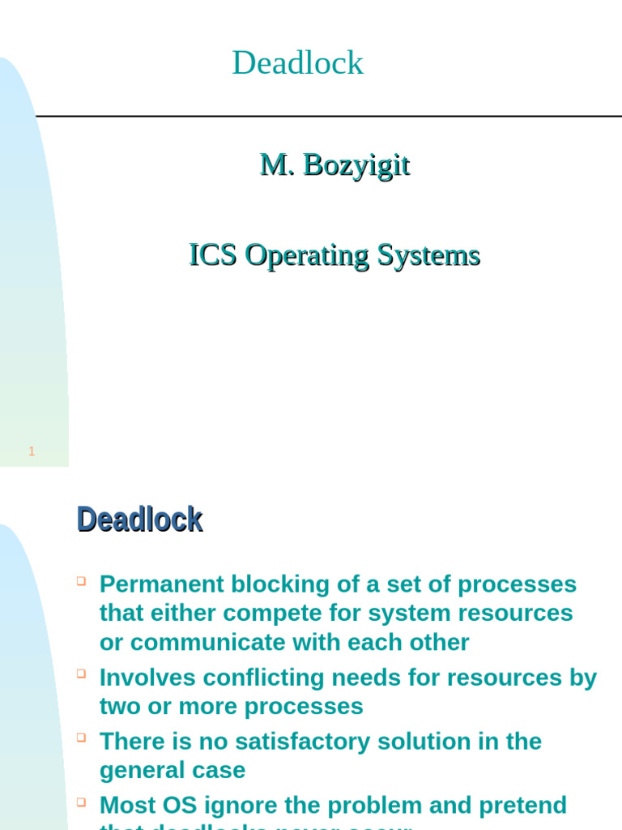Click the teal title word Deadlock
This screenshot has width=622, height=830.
297,63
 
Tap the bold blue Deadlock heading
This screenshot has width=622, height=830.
139,520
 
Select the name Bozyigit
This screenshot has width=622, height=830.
356,165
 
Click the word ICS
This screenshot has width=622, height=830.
213,255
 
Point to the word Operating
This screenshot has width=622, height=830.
308,255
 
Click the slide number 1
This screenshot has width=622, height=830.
32,451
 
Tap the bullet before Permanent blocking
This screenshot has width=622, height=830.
81,580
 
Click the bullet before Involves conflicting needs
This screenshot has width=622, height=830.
81,673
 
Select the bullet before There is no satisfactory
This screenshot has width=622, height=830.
81,737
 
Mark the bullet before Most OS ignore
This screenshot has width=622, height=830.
81,801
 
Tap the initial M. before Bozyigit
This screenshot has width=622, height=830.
276,165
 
